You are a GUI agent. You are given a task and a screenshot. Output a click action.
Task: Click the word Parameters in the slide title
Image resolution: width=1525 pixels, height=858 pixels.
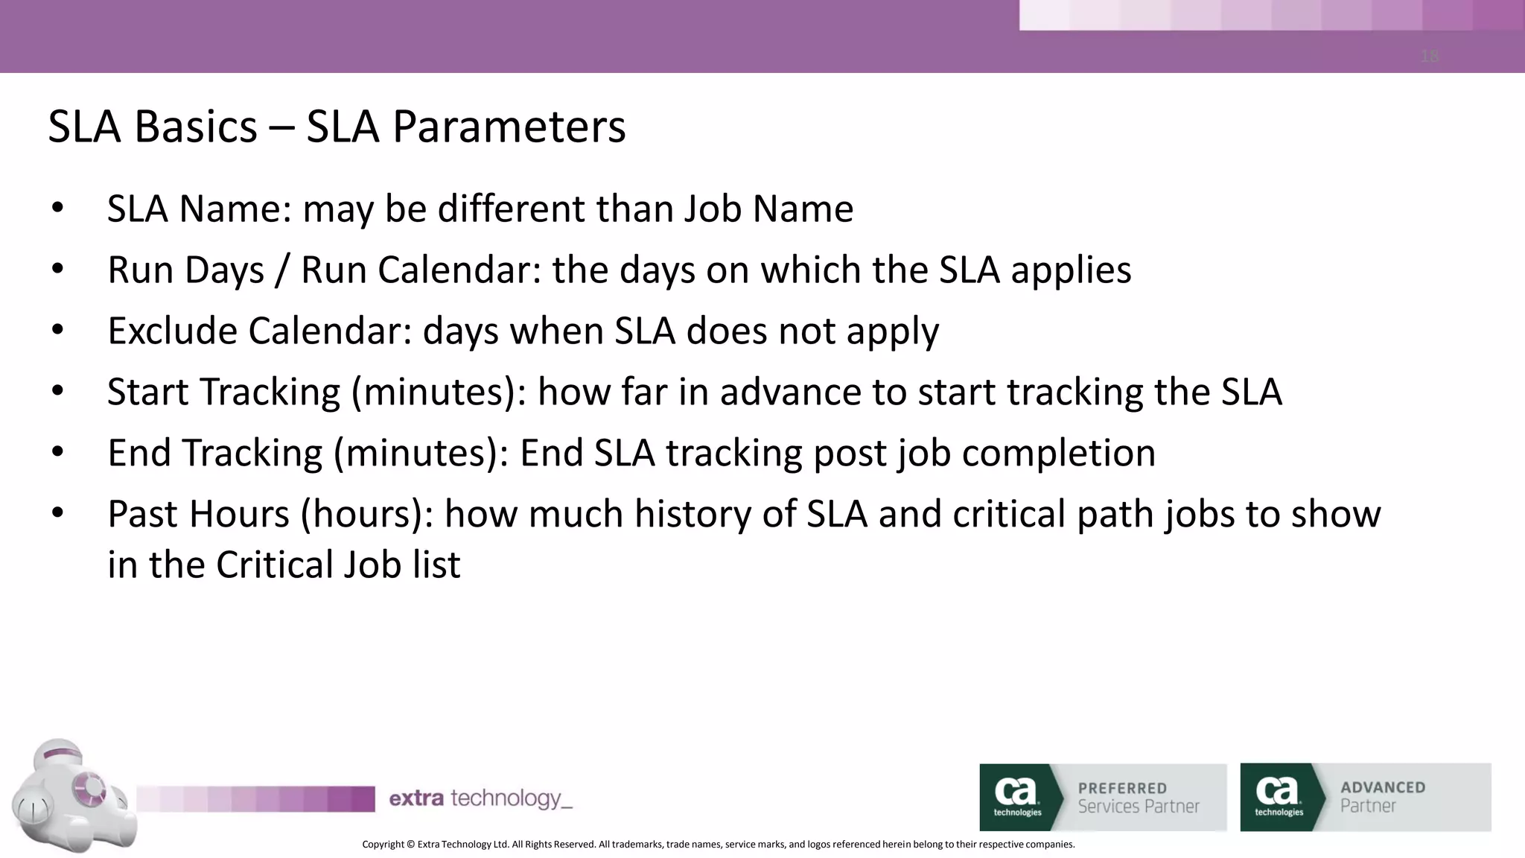click(x=509, y=127)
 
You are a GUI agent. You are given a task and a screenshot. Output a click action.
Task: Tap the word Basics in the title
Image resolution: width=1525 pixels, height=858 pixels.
click(x=196, y=127)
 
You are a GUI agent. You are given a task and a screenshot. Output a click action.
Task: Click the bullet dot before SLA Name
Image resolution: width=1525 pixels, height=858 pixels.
click(x=58, y=209)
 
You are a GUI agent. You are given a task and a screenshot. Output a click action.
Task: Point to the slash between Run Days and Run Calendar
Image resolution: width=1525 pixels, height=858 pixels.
click(x=281, y=270)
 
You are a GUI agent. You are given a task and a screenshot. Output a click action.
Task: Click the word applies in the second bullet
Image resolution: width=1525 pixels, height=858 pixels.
click(x=1071, y=270)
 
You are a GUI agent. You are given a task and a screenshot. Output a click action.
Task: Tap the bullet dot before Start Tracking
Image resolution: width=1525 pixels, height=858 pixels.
click(x=58, y=391)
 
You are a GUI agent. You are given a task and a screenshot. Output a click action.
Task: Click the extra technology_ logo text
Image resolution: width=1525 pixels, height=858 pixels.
click(x=480, y=799)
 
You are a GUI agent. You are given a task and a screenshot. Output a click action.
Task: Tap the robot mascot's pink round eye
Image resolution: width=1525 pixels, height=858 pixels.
click(x=92, y=787)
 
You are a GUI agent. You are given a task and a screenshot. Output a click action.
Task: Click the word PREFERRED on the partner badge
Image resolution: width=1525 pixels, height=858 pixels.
click(x=1122, y=788)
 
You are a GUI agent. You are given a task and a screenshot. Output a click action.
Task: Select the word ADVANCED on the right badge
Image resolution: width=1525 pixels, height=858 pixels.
click(x=1383, y=787)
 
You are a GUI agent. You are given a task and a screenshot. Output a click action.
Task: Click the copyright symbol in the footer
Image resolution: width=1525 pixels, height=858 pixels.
click(x=410, y=845)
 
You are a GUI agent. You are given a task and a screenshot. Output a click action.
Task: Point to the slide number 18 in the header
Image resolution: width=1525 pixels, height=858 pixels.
click(x=1430, y=56)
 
